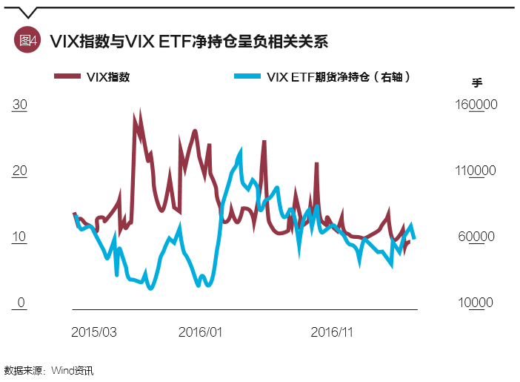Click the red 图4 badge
pos(27,41)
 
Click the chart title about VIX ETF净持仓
pos(188,41)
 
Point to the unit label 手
pos(478,82)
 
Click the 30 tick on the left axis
pos(20,105)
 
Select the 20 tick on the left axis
pos(20,171)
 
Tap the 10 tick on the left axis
pos(20,237)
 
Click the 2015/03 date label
pos(94,332)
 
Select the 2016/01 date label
pos(201,332)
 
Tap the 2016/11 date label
pos(331,332)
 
